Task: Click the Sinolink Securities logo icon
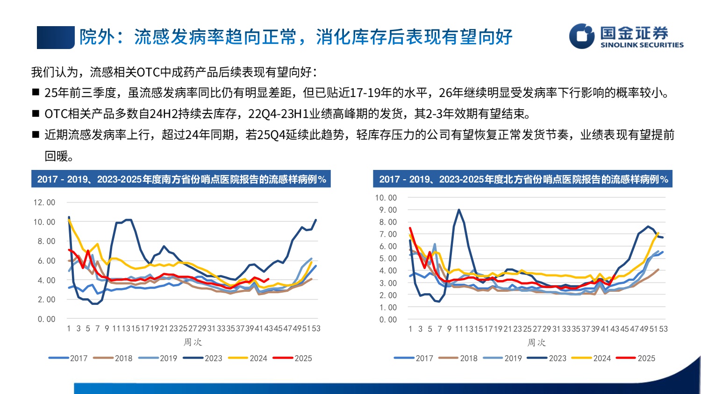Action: point(582,36)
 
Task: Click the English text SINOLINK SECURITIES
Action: point(642,45)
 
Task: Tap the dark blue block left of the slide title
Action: point(56,37)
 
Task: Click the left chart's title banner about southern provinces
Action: point(181,179)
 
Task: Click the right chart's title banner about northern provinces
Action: point(522,179)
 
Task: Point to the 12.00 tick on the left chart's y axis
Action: point(44,203)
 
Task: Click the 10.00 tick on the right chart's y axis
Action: point(386,198)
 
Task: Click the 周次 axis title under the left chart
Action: point(192,342)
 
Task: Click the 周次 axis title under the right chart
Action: point(536,342)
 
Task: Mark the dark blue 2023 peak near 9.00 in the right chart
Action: point(459,210)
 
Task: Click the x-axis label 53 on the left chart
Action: point(316,329)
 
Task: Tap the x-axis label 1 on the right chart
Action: point(410,329)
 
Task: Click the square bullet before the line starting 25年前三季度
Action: point(36,92)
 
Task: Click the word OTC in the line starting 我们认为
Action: point(148,72)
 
